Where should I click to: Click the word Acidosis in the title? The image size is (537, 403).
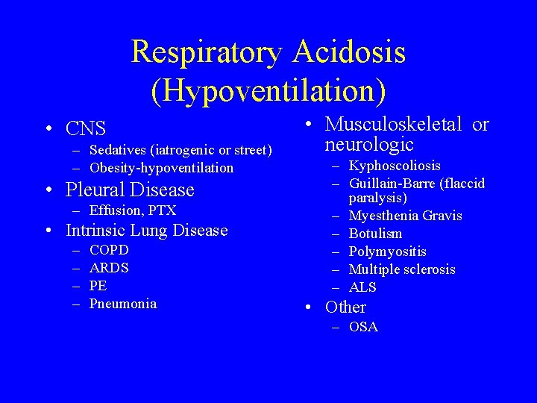pyautogui.click(x=350, y=52)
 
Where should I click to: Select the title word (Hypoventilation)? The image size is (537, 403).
pyautogui.click(x=268, y=90)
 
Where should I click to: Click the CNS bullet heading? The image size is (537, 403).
pyautogui.click(x=86, y=128)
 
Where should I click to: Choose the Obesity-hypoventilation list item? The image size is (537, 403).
pyautogui.click(x=161, y=168)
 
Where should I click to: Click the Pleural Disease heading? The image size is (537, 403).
pyautogui.click(x=130, y=190)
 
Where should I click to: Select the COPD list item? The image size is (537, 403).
pyautogui.click(x=109, y=250)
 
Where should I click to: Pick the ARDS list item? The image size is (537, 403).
pyautogui.click(x=109, y=268)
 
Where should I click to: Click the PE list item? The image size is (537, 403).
pyautogui.click(x=98, y=286)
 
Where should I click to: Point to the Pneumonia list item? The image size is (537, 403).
pyautogui.click(x=123, y=304)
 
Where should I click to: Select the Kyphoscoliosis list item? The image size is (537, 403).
pyautogui.click(x=395, y=166)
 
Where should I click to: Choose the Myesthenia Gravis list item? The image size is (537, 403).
pyautogui.click(x=405, y=216)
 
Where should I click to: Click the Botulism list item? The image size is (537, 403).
pyautogui.click(x=375, y=234)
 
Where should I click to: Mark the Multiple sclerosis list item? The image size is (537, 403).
pyautogui.click(x=401, y=269)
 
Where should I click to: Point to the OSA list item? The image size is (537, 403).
pyautogui.click(x=363, y=327)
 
